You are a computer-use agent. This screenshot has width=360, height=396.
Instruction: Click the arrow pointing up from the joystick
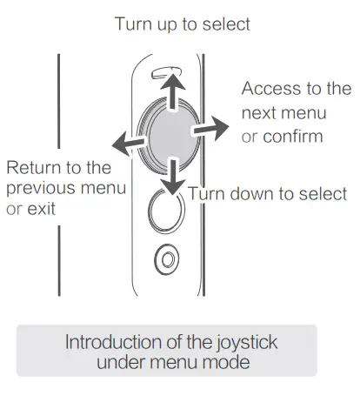pos(175,88)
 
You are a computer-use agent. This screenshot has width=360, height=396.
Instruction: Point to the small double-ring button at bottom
pos(170,258)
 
